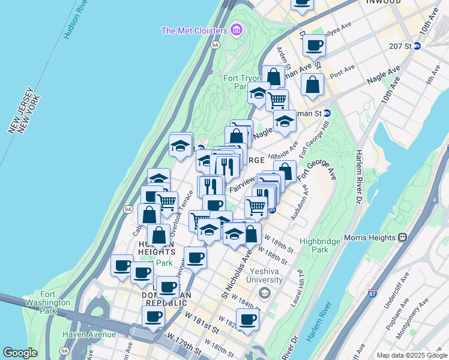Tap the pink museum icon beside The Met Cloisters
click(x=237, y=29)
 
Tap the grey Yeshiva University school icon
click(x=264, y=292)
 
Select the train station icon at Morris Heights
click(x=401, y=238)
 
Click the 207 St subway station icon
click(x=417, y=46)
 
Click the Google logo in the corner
click(x=20, y=353)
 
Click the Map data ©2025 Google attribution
click(x=411, y=355)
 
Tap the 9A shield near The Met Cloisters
click(x=216, y=44)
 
